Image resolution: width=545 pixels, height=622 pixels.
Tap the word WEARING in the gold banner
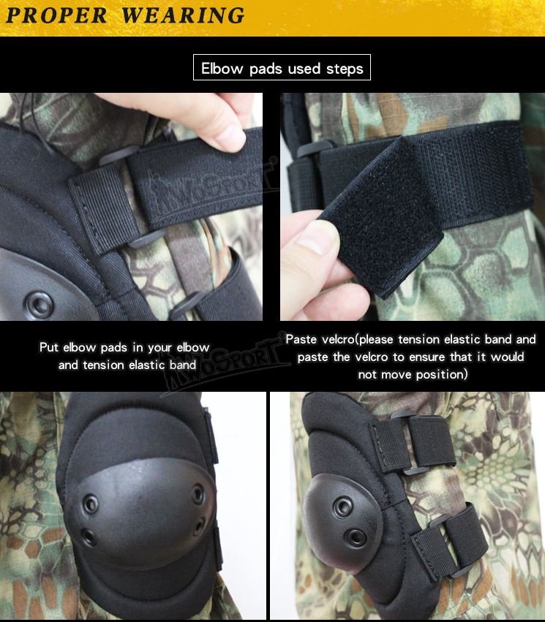pos(182,15)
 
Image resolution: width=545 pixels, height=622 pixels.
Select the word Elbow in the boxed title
pos(223,69)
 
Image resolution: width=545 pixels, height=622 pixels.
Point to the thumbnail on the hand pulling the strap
pos(228,136)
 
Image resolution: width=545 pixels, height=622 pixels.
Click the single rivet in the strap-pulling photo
pos(39,303)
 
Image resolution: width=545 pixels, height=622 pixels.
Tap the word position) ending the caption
pos(442,374)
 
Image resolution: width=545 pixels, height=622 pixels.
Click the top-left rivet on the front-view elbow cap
pos(91,503)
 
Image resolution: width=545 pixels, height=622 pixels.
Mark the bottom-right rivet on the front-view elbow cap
pos(200,526)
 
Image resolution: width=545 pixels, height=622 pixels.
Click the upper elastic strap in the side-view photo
pos(431,441)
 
